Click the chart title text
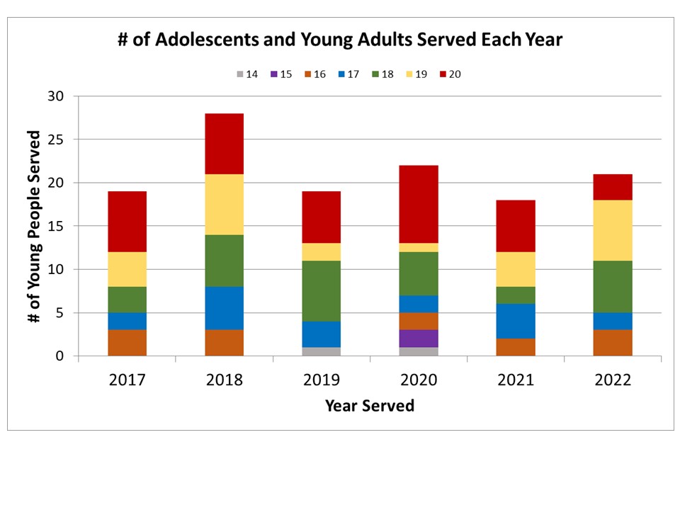click(340, 40)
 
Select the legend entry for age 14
click(246, 74)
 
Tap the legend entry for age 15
click(281, 74)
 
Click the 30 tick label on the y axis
click(55, 96)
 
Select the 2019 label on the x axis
click(322, 380)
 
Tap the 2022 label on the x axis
click(613, 380)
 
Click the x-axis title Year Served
click(370, 406)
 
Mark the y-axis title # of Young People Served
click(33, 227)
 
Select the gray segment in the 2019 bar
click(322, 351)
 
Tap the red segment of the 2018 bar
click(225, 144)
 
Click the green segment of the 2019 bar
click(322, 291)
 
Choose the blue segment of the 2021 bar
click(516, 321)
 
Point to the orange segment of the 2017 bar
click(127, 343)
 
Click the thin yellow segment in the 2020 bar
click(419, 248)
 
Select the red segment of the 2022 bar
click(613, 187)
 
